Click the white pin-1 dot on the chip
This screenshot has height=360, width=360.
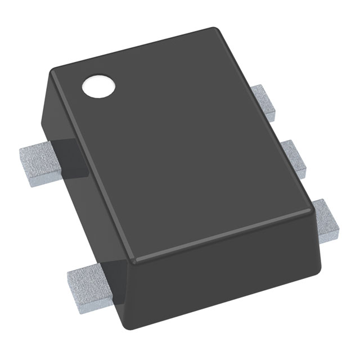point(98,86)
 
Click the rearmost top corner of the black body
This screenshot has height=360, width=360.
point(213,29)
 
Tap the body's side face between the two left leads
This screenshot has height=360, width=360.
point(84,208)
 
